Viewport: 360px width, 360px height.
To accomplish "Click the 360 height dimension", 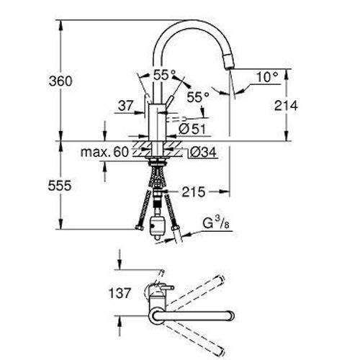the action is pos(60,81).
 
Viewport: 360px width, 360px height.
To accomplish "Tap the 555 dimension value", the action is pos(60,186).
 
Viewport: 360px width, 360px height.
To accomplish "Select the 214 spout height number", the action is pos(286,105).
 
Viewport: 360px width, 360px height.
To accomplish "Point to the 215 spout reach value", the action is pos(194,192).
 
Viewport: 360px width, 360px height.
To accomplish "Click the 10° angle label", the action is pos(267,77).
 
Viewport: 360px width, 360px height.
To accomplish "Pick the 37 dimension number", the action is pos(125,105).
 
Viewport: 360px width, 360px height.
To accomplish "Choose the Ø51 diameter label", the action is pos(192,129).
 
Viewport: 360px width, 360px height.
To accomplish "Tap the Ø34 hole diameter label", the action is pos(203,152).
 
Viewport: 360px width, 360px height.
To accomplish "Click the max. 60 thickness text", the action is pos(104,152).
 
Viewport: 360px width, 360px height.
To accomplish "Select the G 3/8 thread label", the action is pos(216,224).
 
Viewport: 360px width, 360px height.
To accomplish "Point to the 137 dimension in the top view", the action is pos(120,293).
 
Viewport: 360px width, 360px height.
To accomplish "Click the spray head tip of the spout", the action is pos(228,62).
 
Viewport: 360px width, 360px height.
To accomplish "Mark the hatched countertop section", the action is pos(157,149).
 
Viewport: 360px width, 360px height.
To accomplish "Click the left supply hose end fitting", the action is pos(139,228).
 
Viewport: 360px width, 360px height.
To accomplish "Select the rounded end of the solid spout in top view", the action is pos(231,316).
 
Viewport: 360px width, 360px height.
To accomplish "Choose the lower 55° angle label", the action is pos(198,97).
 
